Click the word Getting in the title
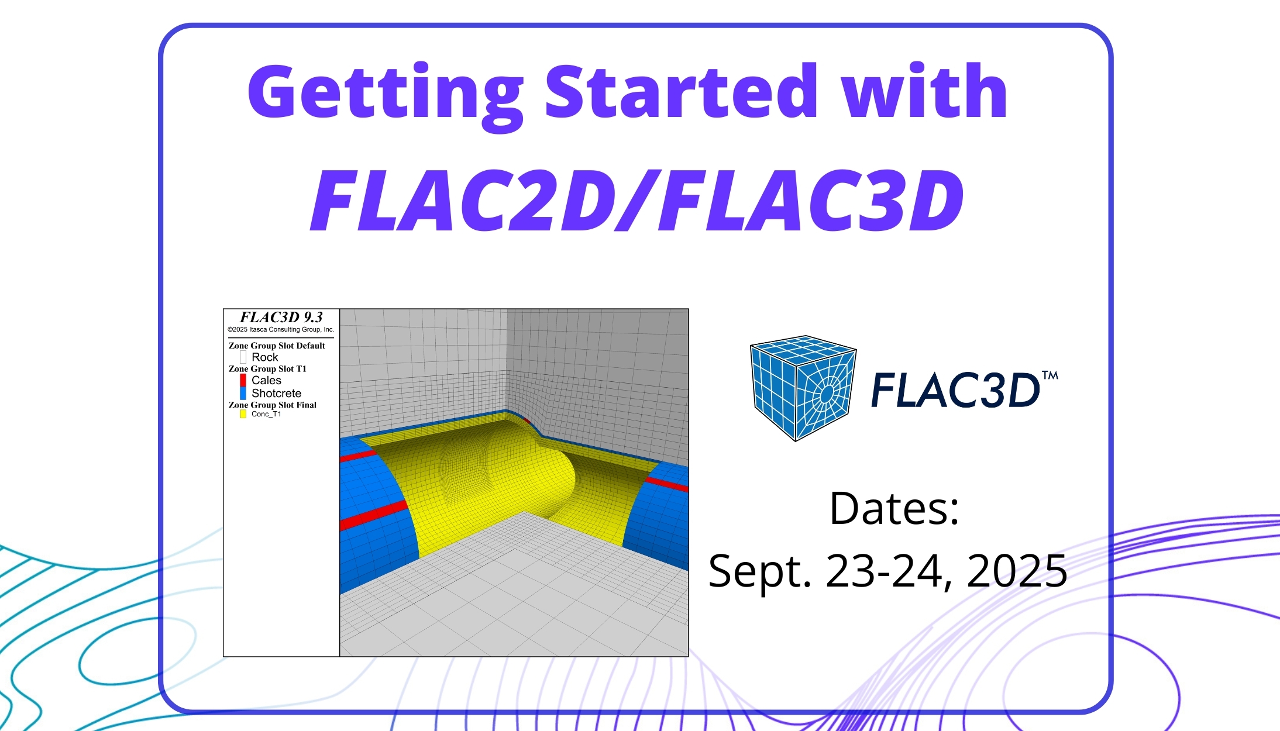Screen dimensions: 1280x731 386,97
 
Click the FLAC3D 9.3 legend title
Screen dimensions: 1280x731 281,318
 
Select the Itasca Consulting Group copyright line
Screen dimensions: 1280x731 281,330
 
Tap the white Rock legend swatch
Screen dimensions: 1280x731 243,357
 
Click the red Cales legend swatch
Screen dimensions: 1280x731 243,380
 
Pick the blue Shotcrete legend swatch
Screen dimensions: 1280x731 243,393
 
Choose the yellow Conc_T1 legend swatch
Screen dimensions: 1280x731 243,414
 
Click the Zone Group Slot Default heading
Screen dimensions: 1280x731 277,346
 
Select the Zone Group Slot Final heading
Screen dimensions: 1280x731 273,405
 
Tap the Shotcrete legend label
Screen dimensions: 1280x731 276,394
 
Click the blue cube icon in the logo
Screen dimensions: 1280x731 803,388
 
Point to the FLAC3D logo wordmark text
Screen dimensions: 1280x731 955,390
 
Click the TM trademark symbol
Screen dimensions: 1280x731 1050,375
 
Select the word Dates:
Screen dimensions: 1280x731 894,508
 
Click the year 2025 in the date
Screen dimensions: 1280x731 1017,571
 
